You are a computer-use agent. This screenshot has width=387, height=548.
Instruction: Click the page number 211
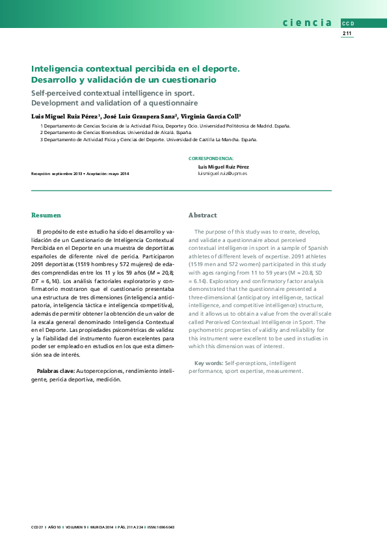coord(347,33)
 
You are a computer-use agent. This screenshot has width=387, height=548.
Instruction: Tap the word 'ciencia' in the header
coord(307,23)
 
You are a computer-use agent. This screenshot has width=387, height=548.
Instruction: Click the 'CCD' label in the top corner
coord(347,23)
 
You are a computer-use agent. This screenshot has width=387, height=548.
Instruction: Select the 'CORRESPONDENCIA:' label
coord(211,158)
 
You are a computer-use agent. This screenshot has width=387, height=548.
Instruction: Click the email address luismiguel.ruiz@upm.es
coord(222,174)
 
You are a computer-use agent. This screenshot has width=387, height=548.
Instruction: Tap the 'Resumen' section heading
coord(46,215)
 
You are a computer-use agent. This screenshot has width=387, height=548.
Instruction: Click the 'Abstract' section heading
coord(202,215)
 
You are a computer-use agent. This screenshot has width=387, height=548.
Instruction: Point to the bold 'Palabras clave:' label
coord(55,370)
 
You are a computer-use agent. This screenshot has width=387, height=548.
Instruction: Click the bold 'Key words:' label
coord(209,363)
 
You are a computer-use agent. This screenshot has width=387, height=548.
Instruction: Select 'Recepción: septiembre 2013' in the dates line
coord(57,174)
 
